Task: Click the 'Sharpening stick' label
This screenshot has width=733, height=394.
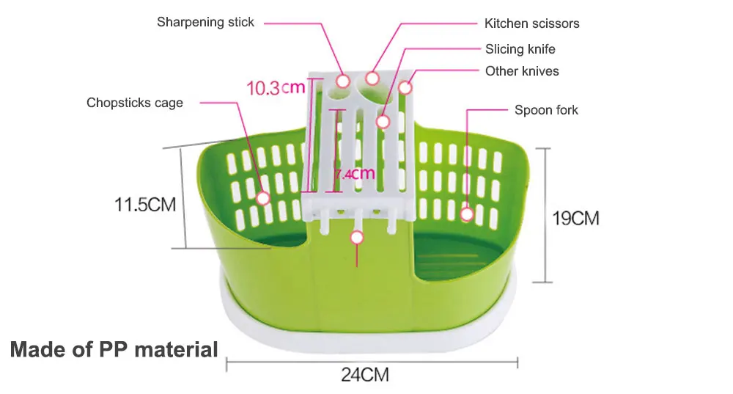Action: point(205,22)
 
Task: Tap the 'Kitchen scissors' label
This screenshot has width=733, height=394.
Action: point(531,23)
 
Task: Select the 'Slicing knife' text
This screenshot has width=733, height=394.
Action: point(520,49)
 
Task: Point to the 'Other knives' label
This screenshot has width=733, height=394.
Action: point(522,71)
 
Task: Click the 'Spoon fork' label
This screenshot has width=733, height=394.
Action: point(546,110)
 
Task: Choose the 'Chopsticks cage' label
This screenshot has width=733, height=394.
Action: point(135,103)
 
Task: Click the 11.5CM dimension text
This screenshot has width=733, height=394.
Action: point(145,204)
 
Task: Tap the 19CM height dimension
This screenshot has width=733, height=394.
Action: point(575,218)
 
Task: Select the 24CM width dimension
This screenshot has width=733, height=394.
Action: point(364,375)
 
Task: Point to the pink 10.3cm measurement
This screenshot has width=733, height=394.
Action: point(275,89)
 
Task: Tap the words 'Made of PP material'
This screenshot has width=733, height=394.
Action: point(114,349)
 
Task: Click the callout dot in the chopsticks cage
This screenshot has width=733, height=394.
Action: point(263,198)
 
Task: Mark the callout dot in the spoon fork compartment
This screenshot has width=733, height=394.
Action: point(467,214)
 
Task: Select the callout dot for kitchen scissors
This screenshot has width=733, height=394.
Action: point(372,77)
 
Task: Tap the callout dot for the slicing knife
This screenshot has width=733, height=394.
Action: point(383,121)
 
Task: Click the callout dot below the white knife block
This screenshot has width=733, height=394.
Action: point(357,237)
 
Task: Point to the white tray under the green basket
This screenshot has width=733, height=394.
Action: point(366,323)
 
